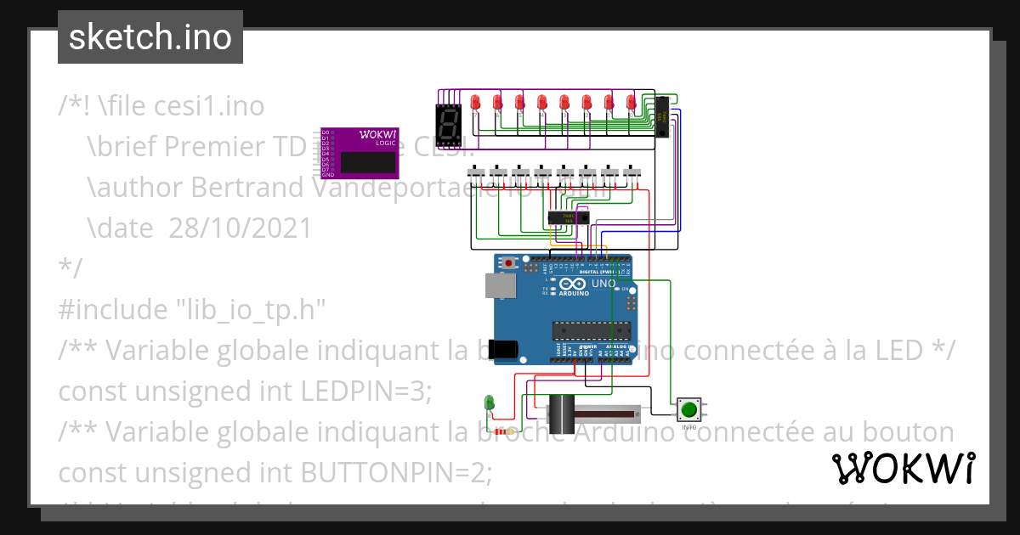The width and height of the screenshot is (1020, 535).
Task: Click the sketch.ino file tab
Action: point(150,37)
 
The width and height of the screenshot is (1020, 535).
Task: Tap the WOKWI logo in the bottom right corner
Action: point(902,468)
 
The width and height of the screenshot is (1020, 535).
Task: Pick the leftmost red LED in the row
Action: point(476,103)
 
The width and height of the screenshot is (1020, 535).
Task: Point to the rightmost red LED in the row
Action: point(631,103)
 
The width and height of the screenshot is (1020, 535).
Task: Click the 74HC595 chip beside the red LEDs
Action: point(662,116)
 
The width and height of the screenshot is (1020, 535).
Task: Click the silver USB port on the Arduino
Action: point(499,285)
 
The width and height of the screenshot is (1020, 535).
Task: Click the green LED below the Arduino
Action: point(489,402)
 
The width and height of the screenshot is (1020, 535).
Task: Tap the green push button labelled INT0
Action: point(688,410)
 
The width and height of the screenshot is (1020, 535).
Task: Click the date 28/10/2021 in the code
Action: point(234,228)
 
